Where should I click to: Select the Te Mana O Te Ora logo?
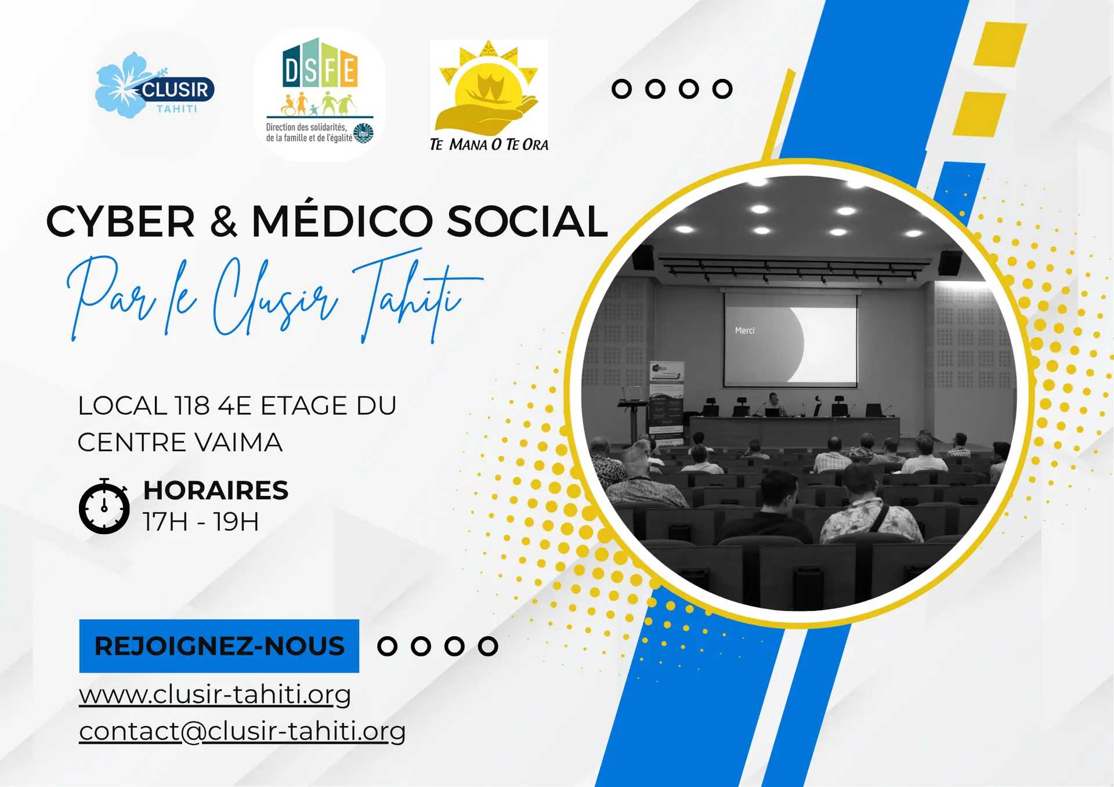pos(489,96)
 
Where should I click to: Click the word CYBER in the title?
pos(120,222)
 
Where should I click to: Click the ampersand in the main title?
pos(224,222)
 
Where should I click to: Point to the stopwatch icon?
pos(104,506)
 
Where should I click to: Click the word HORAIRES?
pos(216,490)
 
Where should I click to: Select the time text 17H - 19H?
pos(201,521)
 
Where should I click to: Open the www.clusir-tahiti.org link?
pos(215,694)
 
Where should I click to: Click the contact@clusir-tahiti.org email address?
pos(242,731)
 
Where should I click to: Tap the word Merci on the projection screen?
pos(745,331)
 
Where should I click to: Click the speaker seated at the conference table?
pos(773,404)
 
